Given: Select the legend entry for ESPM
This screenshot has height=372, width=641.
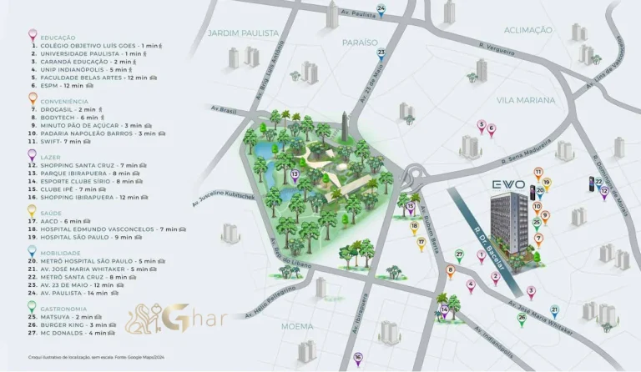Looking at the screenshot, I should tap(62, 85).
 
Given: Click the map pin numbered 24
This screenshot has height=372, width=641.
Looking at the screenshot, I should tap(381, 10).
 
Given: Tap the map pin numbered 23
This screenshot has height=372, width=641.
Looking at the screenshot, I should tap(381, 54).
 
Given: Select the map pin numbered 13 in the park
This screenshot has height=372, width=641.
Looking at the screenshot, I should tap(295, 174).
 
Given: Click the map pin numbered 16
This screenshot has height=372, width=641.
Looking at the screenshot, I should tap(357, 358).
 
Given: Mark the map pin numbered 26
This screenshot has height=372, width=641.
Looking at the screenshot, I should tap(522, 318).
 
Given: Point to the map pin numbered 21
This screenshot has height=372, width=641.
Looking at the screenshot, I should tap(554, 310).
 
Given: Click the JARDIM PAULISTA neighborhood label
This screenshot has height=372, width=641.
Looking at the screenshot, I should tap(243, 33).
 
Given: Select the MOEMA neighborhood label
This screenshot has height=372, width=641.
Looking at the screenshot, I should tap(297, 326).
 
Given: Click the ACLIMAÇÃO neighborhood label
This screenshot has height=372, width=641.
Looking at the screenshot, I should tap(528, 30).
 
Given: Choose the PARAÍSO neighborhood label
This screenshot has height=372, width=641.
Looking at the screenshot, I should tap(360, 42).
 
